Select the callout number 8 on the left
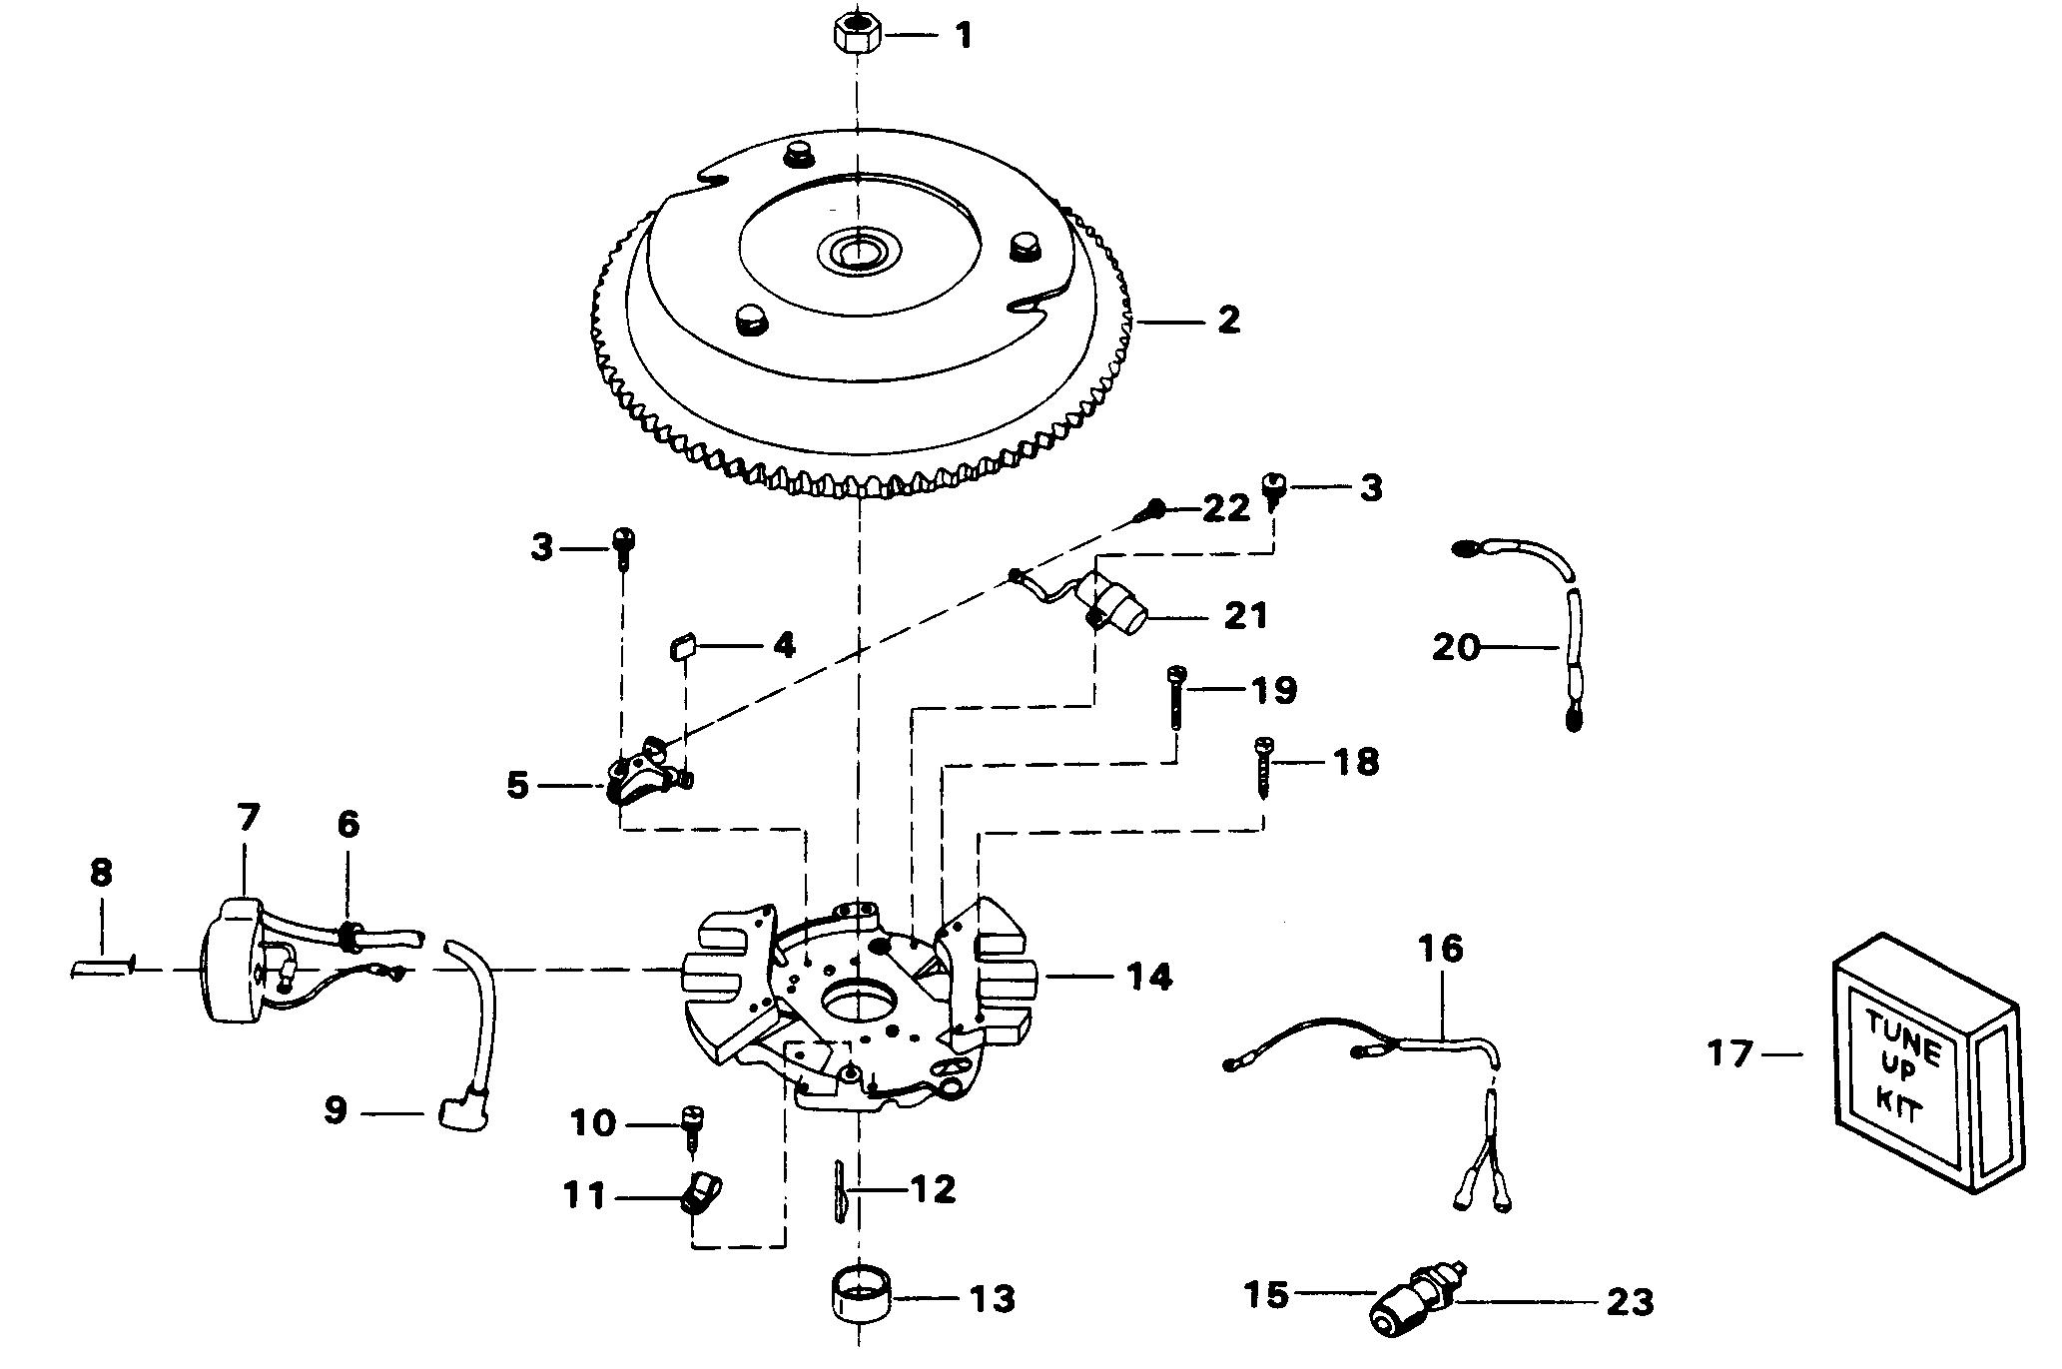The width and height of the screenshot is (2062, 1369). coord(100,873)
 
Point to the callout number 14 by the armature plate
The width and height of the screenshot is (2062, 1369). coord(1148,977)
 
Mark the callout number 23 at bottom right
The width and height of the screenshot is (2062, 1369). coord(1630,1302)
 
